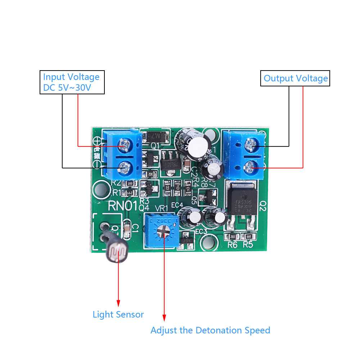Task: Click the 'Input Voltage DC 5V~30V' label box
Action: pyautogui.click(x=72, y=82)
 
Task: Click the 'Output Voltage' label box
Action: pyautogui.click(x=295, y=78)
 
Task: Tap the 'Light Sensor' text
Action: pyautogui.click(x=118, y=314)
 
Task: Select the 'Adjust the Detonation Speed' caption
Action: pyautogui.click(x=210, y=330)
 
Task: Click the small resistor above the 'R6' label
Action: pyautogui.click(x=232, y=237)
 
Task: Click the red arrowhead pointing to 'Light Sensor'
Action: pyautogui.click(x=118, y=303)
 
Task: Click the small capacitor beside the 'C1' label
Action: pyautogui.click(x=127, y=229)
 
